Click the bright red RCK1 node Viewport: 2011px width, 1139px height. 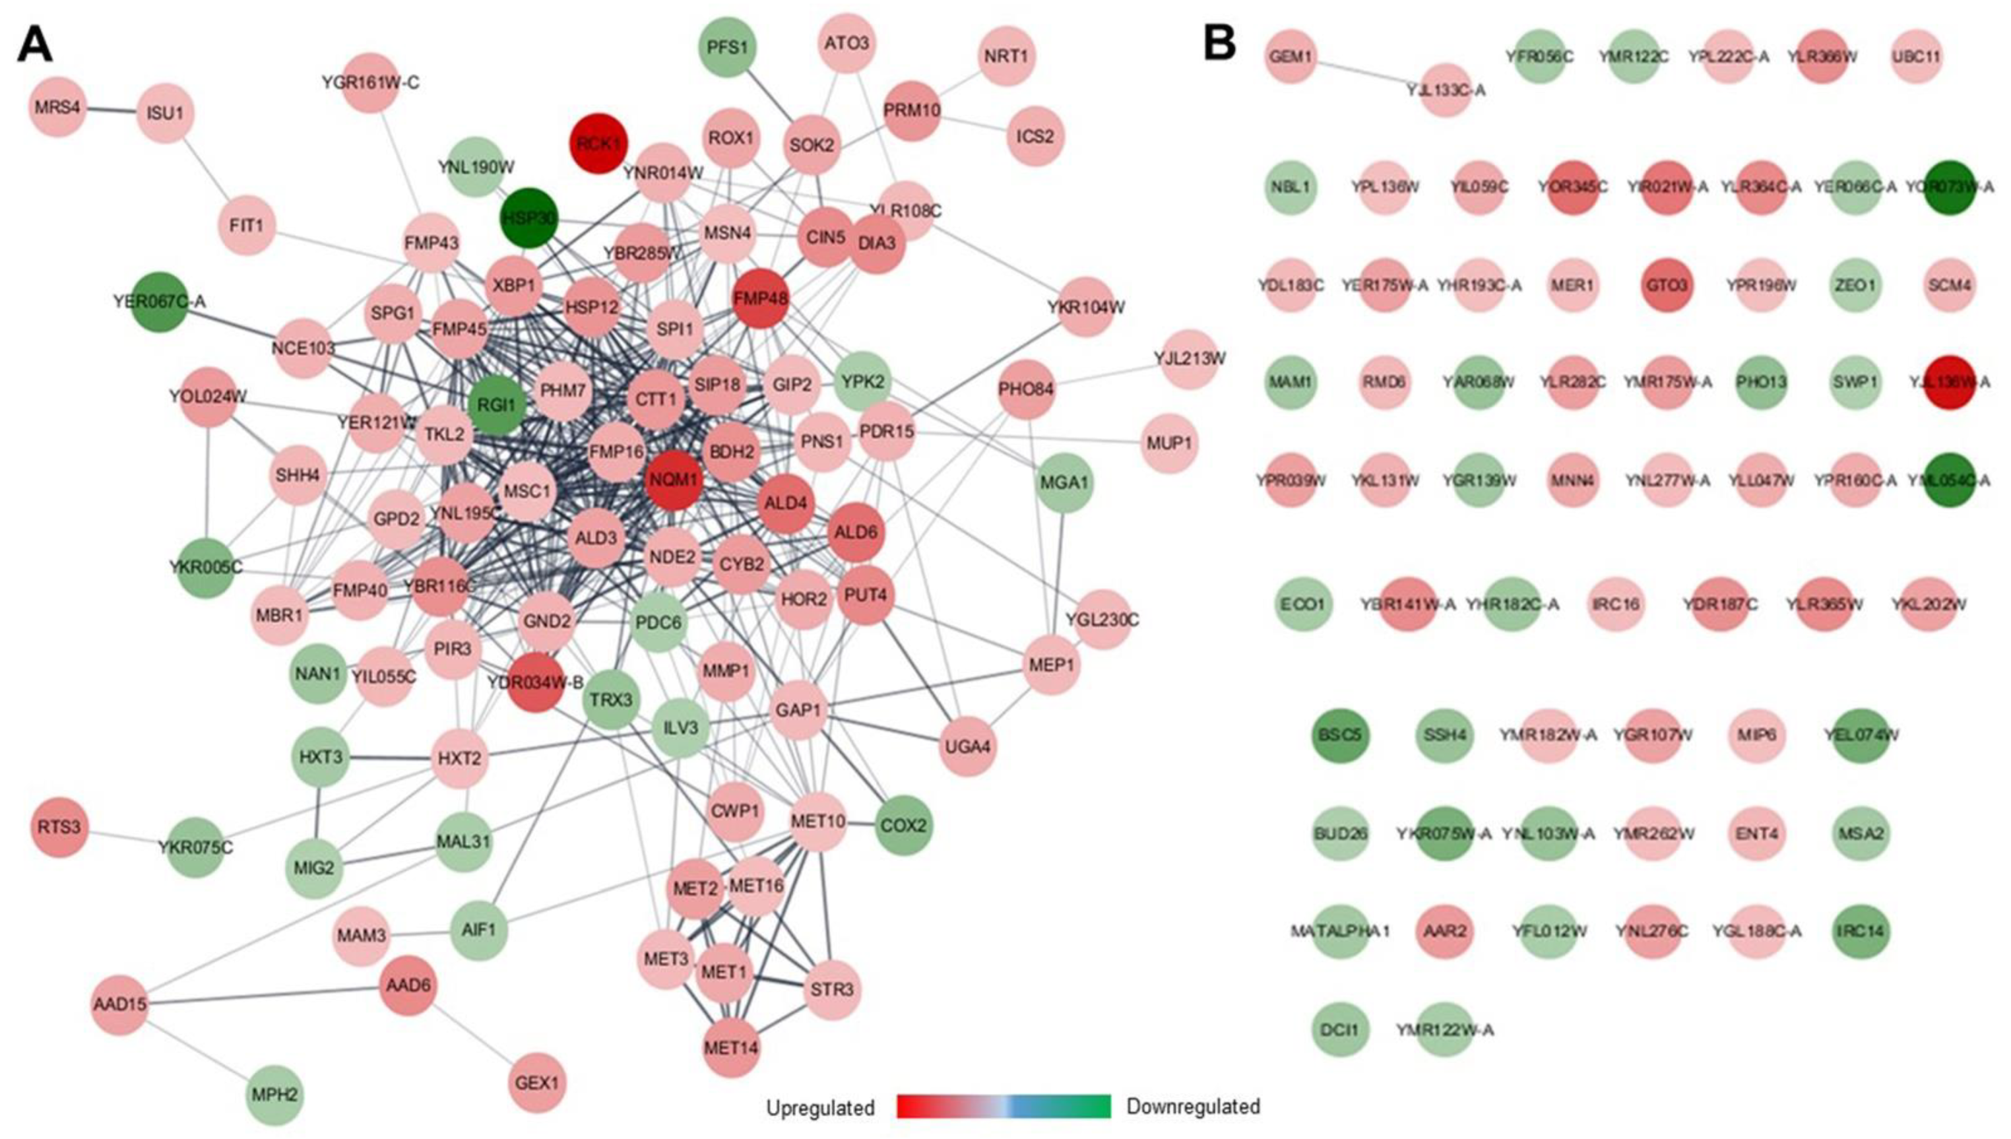[598, 143]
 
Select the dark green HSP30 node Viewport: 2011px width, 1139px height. [529, 218]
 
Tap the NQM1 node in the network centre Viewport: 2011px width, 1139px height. [674, 480]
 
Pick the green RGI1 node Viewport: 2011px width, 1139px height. [497, 405]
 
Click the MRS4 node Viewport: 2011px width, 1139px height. [58, 107]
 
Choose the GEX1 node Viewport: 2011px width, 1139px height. [537, 1083]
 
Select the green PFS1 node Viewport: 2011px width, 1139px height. [727, 47]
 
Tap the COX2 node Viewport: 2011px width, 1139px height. [904, 826]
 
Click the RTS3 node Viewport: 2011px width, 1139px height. [59, 827]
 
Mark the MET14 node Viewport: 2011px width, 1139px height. [731, 1047]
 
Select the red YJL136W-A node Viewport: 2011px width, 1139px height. [1948, 383]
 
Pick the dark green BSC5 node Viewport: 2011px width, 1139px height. [1340, 735]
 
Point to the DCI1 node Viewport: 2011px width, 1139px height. [1339, 1029]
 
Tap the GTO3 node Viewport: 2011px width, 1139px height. [1667, 285]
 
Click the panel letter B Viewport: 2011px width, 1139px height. [1219, 43]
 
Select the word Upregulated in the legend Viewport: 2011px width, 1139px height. [819, 1108]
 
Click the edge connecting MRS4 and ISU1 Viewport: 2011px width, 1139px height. [111, 110]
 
